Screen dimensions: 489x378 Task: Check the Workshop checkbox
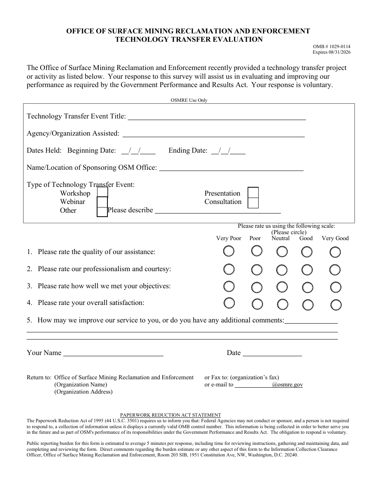coord(102,192)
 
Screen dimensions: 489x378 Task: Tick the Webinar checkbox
coord(102,202)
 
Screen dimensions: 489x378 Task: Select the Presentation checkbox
coord(253,192)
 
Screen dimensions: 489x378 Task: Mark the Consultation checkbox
coord(253,203)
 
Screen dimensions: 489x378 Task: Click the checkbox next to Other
coord(102,212)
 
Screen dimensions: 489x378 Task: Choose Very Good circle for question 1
coord(335,252)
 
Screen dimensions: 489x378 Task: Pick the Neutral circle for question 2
coord(282,270)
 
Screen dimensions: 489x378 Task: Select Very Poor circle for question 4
coord(229,303)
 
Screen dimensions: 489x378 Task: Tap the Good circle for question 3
coord(307,287)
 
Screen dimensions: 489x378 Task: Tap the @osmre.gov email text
coord(287,385)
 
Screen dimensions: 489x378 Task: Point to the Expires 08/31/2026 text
coord(331,52)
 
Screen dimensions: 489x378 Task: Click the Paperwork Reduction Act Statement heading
coord(171,415)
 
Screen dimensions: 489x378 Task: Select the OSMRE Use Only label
coord(189,100)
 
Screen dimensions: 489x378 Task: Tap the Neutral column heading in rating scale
coord(281,238)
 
